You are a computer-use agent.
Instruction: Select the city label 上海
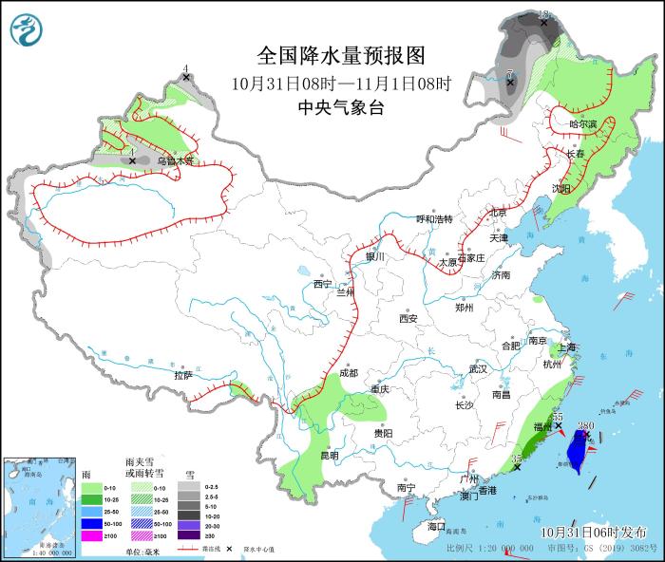pyautogui.click(x=568, y=347)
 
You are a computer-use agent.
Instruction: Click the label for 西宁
pyautogui.click(x=322, y=283)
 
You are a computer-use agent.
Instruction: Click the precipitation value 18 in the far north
pyautogui.click(x=544, y=13)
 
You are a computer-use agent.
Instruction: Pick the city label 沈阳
pyautogui.click(x=561, y=188)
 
